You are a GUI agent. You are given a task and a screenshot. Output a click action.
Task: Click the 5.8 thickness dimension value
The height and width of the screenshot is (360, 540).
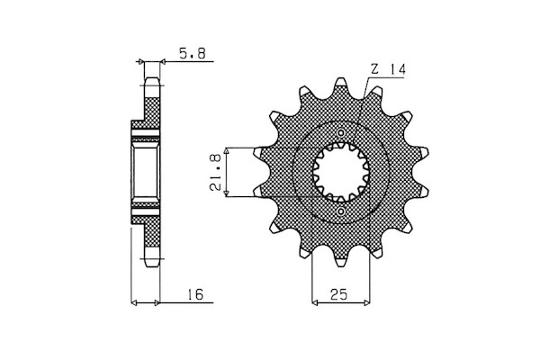192,53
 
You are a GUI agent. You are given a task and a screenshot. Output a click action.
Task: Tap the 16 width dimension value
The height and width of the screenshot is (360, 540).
195,294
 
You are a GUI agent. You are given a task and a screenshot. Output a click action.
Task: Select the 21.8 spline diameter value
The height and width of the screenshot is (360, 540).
215,172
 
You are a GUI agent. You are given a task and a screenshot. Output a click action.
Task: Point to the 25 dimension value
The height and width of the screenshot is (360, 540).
339,294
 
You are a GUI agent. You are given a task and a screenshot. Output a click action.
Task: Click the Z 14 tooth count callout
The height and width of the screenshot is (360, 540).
388,70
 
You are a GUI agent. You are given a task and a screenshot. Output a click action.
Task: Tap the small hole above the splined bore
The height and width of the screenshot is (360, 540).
341,132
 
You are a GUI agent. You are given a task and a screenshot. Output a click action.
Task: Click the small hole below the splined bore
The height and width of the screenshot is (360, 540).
341,211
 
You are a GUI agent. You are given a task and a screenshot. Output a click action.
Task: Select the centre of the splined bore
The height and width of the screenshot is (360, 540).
341,172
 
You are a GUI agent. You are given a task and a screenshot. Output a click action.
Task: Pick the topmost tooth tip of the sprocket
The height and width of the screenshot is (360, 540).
341,80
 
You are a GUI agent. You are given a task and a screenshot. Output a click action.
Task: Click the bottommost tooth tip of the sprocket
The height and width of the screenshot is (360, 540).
341,264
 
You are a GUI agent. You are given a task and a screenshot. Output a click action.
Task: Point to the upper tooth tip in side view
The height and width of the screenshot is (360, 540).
152,80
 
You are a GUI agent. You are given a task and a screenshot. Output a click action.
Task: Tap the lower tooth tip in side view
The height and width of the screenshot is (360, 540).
152,265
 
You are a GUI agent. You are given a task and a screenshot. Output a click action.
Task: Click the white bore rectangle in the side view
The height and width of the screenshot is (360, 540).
146,172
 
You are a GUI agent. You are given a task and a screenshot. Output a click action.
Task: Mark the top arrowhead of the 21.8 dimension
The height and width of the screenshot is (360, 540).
226,150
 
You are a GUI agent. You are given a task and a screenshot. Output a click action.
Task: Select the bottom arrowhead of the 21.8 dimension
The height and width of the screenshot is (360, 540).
226,194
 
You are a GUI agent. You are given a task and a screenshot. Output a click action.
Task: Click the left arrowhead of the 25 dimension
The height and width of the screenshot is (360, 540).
314,302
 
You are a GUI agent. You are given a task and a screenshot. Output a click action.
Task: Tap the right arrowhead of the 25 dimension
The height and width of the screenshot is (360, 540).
366,302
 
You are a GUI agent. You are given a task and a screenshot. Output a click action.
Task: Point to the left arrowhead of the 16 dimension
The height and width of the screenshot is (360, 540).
135,302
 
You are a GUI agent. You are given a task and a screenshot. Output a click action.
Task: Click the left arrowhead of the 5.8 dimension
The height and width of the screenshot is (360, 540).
140,62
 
